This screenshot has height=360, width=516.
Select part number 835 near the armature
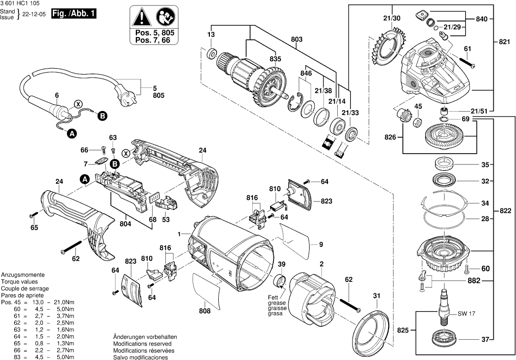point(276,59)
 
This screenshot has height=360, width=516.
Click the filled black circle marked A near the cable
point(72,133)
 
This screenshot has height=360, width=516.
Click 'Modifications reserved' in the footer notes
point(142,344)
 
